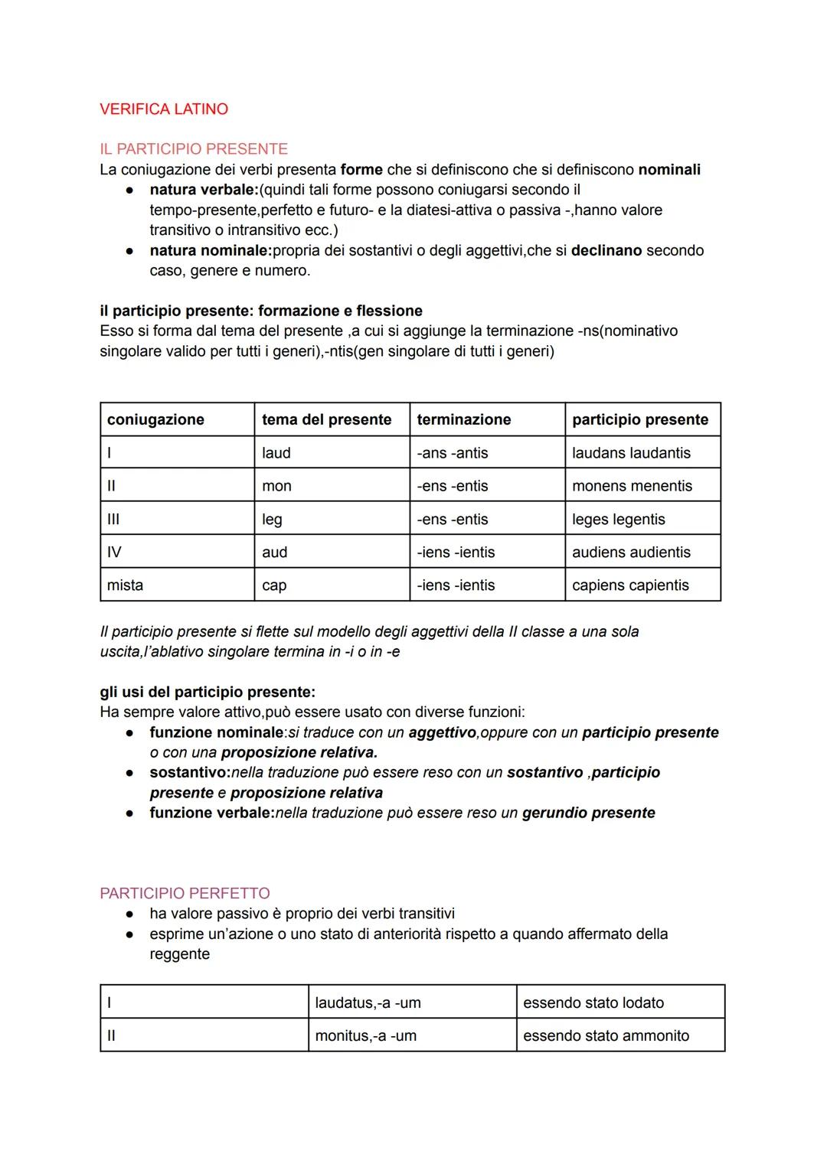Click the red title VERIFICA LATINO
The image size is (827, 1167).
tap(164, 109)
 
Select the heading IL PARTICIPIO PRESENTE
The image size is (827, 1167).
tap(194, 149)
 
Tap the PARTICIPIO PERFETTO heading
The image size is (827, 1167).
tap(185, 893)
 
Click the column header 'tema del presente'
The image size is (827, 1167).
tap(326, 419)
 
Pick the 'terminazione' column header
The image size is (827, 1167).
tap(463, 419)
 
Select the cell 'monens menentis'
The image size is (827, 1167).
tap(632, 486)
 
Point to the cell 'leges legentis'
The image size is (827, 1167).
tap(618, 520)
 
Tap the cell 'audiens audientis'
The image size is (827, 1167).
tap(631, 553)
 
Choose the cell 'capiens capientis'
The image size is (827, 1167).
tap(630, 585)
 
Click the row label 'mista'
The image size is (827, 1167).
tap(125, 585)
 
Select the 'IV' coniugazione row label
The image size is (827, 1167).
tap(114, 553)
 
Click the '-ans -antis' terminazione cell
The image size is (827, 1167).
tap(452, 453)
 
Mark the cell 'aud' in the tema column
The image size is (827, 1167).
tap(274, 553)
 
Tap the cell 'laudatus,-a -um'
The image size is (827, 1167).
tap(368, 1002)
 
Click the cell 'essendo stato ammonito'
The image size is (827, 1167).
tap(606, 1036)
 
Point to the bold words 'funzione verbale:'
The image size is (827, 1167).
tap(211, 813)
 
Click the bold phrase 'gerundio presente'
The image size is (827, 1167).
tap(588, 813)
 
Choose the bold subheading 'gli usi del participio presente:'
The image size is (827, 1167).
tap(208, 692)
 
